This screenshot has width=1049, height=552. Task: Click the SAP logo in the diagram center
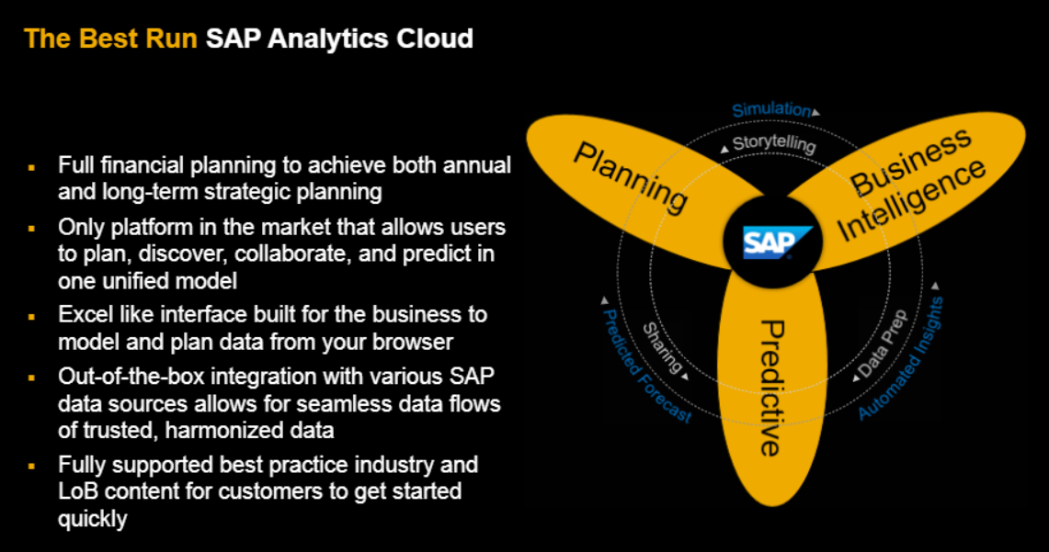(778, 243)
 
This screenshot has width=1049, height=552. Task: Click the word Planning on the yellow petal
(631, 176)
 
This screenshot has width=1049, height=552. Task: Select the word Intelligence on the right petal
(912, 198)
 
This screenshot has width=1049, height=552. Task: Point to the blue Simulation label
(771, 109)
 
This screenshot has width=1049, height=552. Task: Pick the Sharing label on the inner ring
(662, 348)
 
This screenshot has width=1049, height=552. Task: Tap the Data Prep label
(884, 344)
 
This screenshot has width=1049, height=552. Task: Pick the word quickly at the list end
(92, 519)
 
